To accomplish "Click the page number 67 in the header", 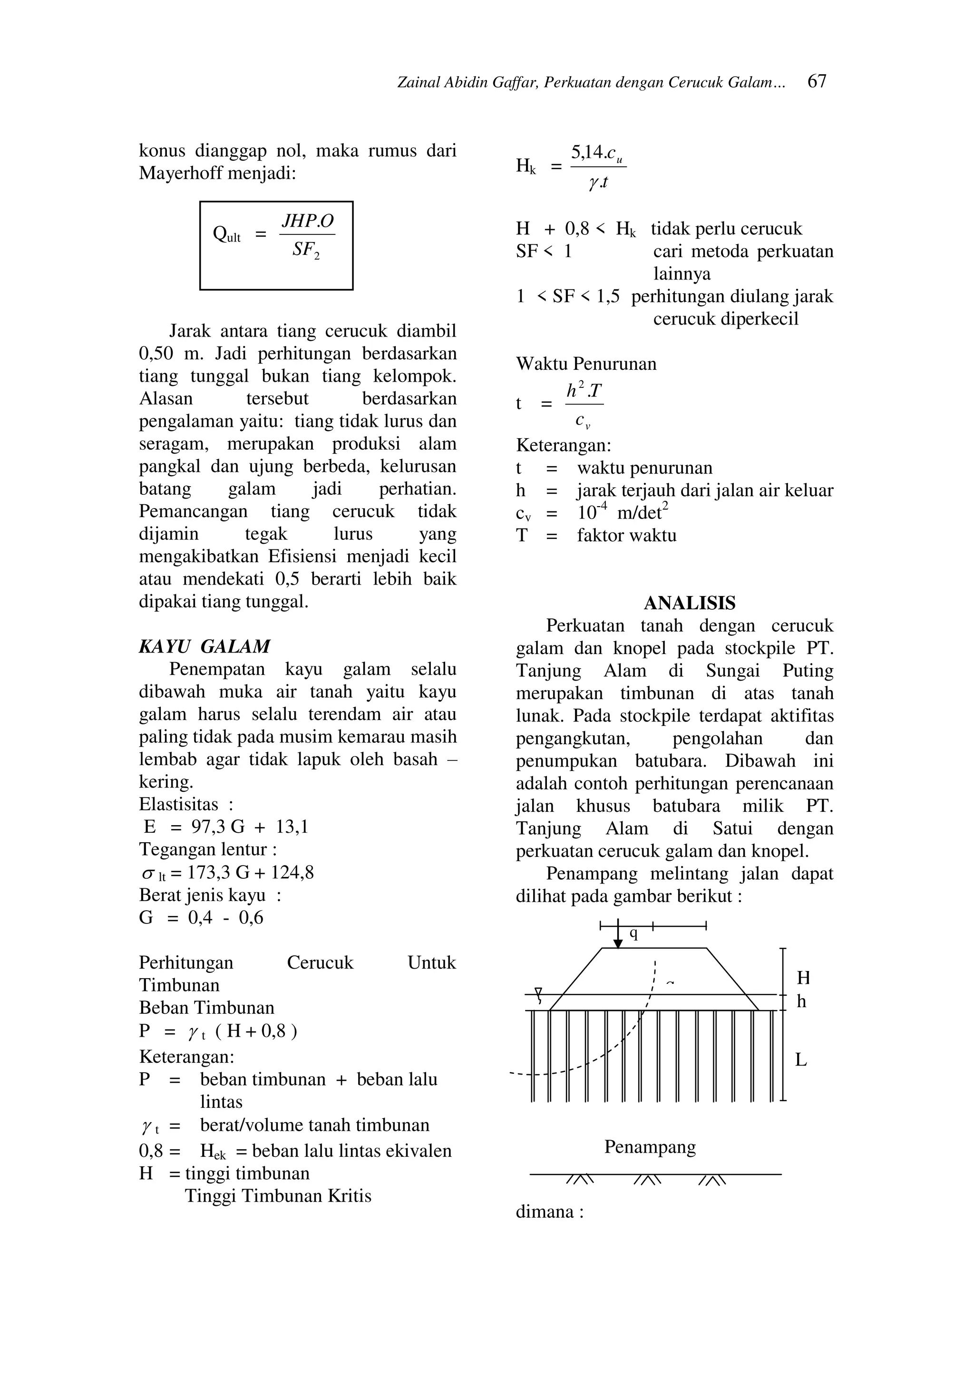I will (x=817, y=81).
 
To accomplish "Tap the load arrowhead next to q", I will (x=618, y=943).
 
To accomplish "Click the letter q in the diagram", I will (x=633, y=933).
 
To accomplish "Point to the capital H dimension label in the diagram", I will (x=803, y=978).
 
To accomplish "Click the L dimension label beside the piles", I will (x=801, y=1060).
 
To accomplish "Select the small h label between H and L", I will (x=801, y=1001).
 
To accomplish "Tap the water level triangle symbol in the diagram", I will (x=538, y=991).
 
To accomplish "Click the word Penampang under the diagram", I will (x=650, y=1147).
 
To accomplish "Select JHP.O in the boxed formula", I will (x=308, y=221).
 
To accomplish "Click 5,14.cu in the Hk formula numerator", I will (x=596, y=154).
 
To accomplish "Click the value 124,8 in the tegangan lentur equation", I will (x=292, y=872).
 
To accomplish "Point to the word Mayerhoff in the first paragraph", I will (x=180, y=173).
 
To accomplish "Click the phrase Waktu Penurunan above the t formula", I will (x=586, y=364).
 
